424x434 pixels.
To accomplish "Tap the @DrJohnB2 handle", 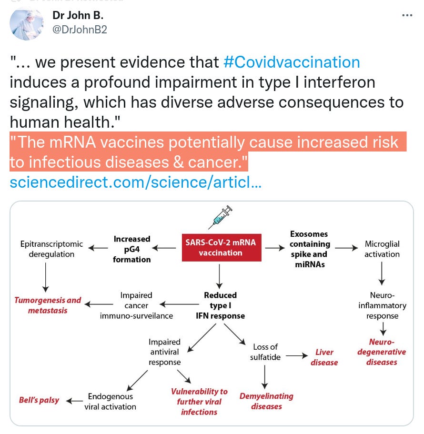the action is (x=80, y=30).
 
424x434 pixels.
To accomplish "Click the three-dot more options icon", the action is (x=407, y=15).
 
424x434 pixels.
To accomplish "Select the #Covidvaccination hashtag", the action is (x=292, y=62).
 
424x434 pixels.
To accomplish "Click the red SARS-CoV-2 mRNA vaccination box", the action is (x=221, y=247).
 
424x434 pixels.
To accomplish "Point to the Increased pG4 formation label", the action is (x=132, y=249).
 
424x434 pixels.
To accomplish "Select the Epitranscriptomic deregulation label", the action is (x=51, y=249).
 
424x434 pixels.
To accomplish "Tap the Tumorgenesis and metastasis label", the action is (x=48, y=305).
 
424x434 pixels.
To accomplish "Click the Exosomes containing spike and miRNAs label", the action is (x=309, y=249).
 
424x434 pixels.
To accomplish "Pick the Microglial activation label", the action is (x=382, y=249).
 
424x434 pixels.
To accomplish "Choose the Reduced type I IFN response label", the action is (x=221, y=305).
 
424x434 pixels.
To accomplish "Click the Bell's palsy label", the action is (x=39, y=400).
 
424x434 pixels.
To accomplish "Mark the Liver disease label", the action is (x=324, y=357).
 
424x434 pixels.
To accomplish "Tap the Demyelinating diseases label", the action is (x=266, y=401).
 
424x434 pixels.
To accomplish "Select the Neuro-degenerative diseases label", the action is (x=382, y=352).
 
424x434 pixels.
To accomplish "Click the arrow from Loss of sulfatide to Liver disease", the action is (x=296, y=355).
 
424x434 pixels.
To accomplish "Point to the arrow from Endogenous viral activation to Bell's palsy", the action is (x=74, y=401).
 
